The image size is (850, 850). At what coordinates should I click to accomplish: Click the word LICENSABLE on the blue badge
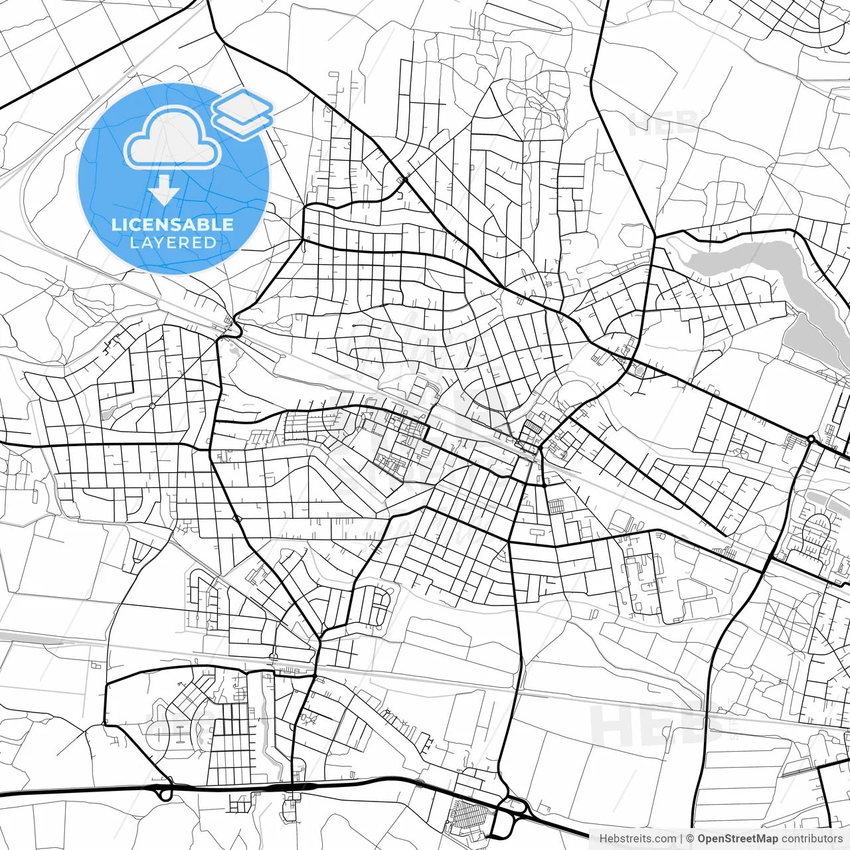(x=173, y=224)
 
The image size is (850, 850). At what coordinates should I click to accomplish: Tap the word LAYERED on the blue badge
(x=173, y=242)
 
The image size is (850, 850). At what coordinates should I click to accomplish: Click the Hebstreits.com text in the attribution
(x=637, y=839)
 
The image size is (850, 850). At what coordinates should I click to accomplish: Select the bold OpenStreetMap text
(x=736, y=839)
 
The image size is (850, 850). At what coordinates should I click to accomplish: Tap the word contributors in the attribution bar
(x=811, y=839)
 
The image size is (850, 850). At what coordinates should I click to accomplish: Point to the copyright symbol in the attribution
(x=691, y=839)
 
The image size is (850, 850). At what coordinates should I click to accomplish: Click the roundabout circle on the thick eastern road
(x=811, y=439)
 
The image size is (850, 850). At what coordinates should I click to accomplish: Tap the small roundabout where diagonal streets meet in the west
(x=152, y=405)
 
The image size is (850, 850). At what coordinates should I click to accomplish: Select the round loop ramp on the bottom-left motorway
(x=165, y=792)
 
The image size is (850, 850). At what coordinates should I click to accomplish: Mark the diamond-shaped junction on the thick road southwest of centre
(x=237, y=519)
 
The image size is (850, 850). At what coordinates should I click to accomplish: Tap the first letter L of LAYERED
(x=133, y=242)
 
